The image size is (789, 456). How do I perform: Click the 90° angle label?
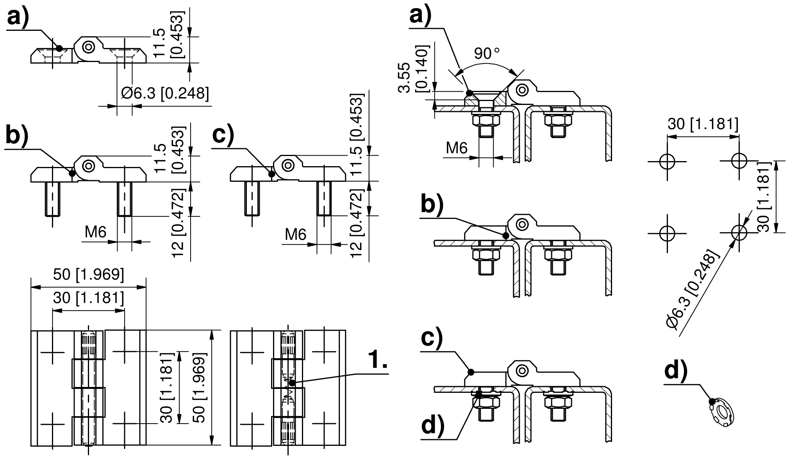[x=487, y=53]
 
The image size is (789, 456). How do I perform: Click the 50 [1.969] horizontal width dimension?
[x=89, y=275]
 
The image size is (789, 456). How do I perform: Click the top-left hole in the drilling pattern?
[x=667, y=161]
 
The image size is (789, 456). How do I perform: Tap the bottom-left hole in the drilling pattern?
[x=667, y=233]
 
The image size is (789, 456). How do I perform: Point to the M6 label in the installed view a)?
[x=457, y=148]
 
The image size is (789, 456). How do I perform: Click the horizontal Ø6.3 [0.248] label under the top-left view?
[x=165, y=93]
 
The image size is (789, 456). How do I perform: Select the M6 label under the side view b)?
[x=96, y=232]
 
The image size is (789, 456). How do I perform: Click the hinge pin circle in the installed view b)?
[x=521, y=224]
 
